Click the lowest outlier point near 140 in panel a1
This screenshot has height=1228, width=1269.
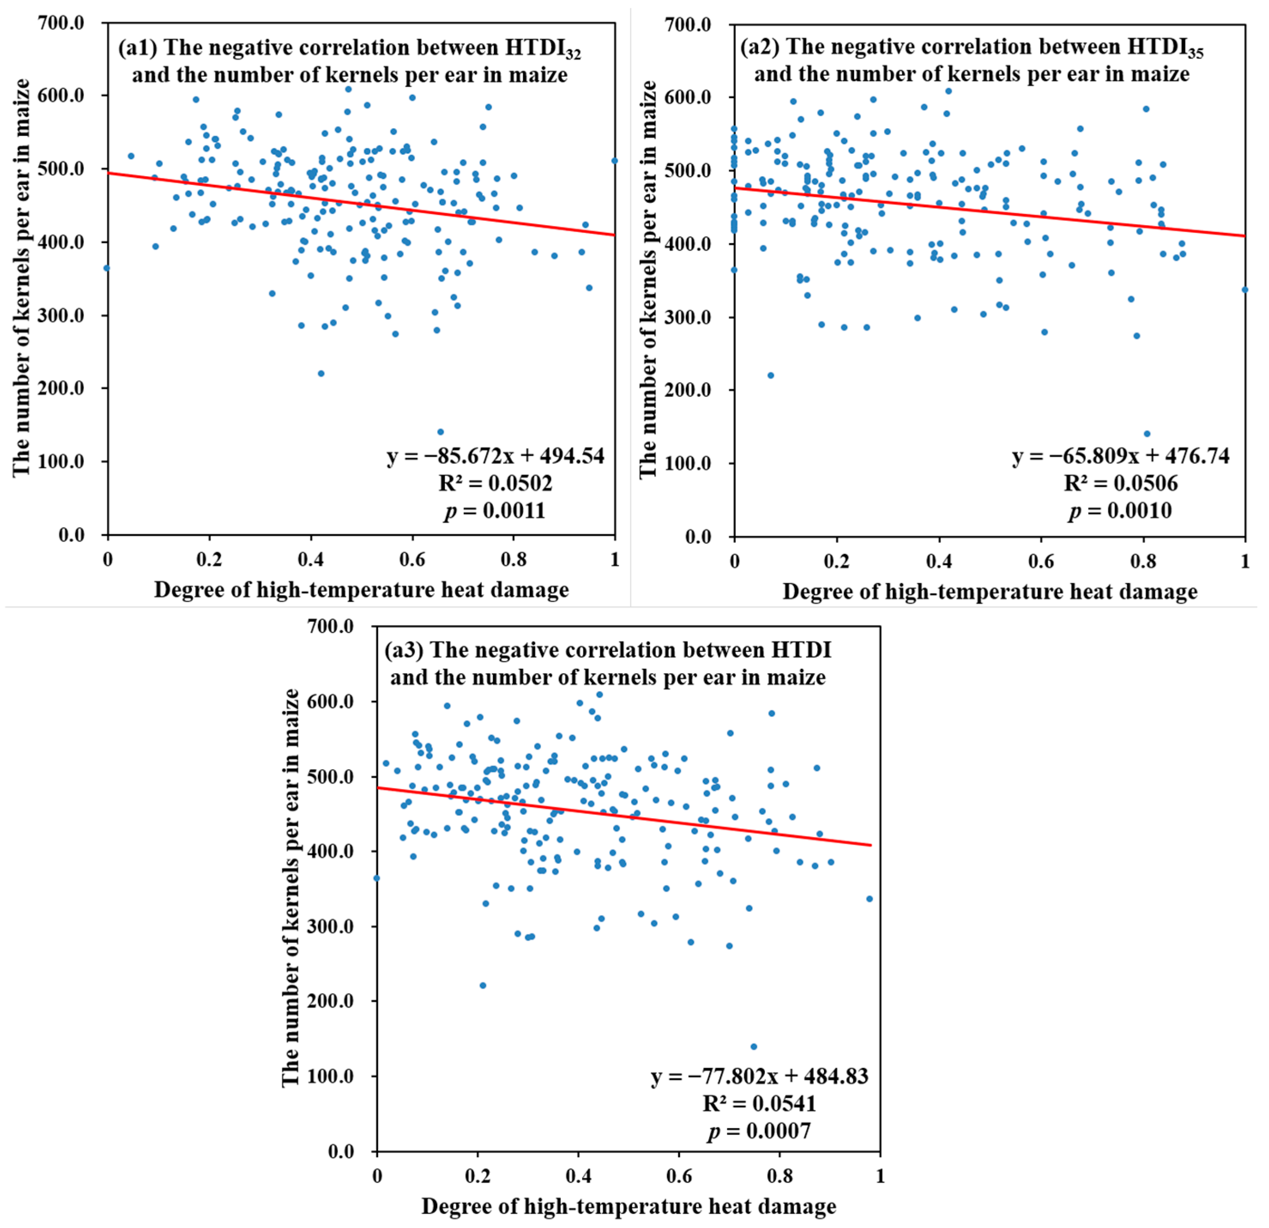440,432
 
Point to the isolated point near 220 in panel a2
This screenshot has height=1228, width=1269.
770,376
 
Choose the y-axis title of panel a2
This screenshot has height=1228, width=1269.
648,280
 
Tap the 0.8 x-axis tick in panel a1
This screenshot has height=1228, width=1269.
514,560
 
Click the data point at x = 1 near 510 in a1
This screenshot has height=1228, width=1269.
614,161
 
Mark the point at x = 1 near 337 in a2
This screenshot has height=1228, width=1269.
1245,289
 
